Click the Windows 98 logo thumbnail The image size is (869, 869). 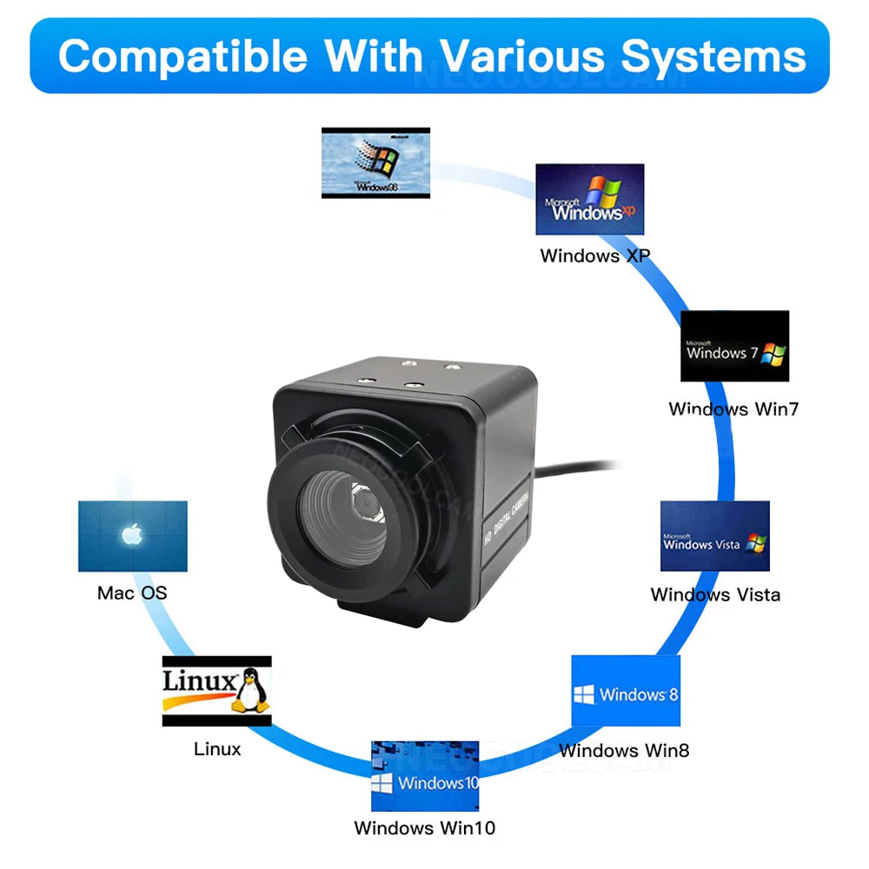click(375, 163)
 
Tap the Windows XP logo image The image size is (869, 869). click(589, 199)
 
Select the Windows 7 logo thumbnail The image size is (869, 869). click(734, 346)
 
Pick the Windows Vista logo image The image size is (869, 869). click(714, 535)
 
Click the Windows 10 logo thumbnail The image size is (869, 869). click(425, 776)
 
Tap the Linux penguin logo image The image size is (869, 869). click(216, 691)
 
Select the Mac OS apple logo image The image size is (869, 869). click(132, 535)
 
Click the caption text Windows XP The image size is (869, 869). click(594, 255)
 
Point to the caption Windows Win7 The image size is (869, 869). click(733, 408)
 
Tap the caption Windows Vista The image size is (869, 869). click(715, 594)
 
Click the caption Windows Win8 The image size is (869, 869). click(624, 750)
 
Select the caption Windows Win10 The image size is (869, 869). click(424, 827)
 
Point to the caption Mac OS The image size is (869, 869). click(132, 594)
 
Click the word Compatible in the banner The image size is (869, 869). click(182, 56)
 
